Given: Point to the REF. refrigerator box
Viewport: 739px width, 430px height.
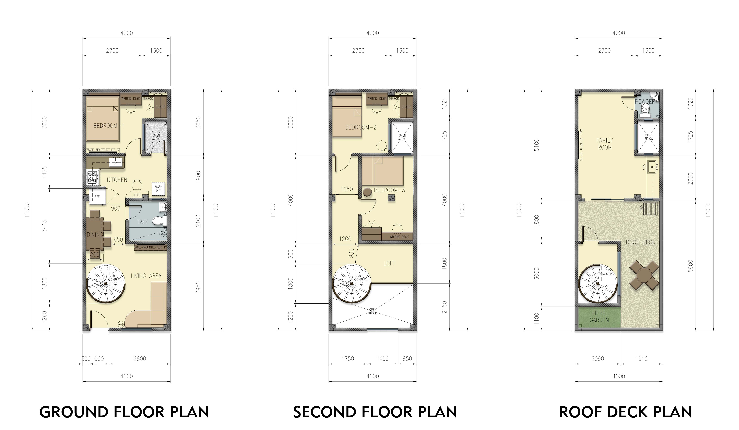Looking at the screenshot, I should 97,197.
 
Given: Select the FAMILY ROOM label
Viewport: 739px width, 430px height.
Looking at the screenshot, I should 604,144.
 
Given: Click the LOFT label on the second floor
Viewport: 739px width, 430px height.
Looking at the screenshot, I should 389,263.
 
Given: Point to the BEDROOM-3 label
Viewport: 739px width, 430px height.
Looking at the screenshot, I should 389,190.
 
